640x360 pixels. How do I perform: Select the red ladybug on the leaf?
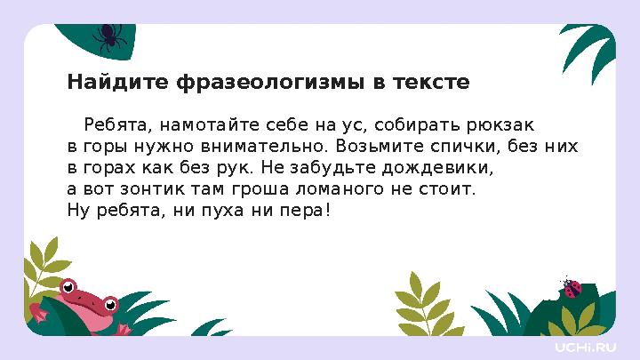(x=572, y=288)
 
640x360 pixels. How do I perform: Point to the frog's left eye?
(x=68, y=286)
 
